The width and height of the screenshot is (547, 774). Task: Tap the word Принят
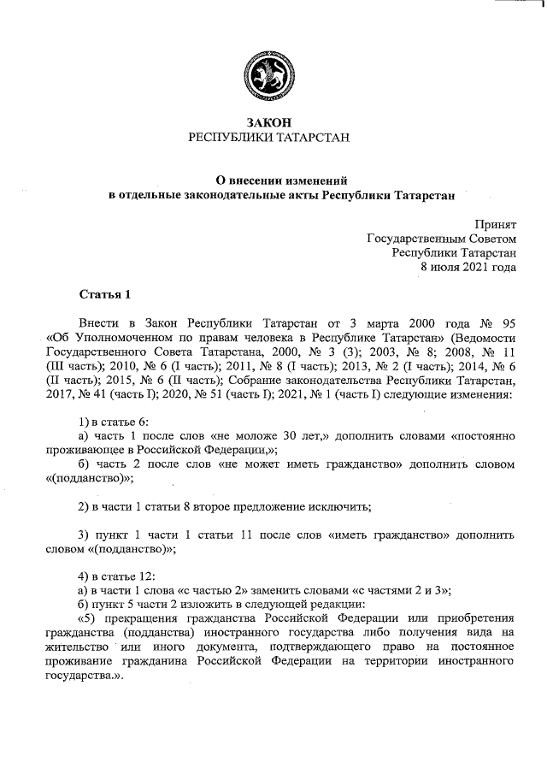pyautogui.click(x=496, y=222)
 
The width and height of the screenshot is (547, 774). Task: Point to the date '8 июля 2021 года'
pyautogui.click(x=468, y=267)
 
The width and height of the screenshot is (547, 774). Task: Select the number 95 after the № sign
pyautogui.click(x=508, y=325)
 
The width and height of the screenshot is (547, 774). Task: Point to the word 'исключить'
pyautogui.click(x=341, y=506)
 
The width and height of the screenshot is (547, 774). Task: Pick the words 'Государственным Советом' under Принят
pyautogui.click(x=441, y=238)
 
